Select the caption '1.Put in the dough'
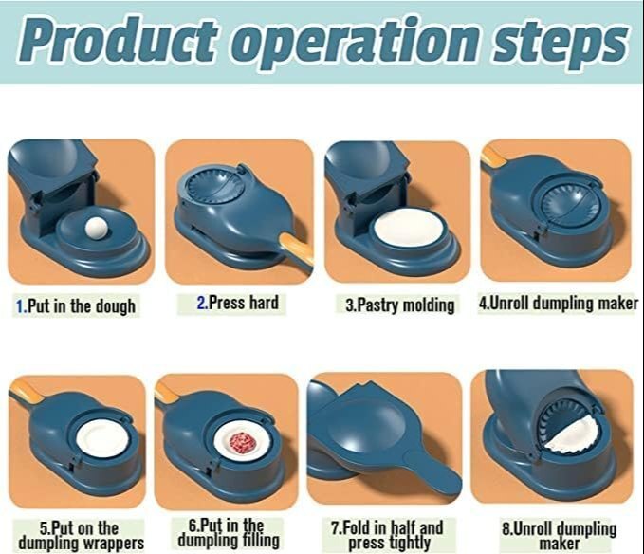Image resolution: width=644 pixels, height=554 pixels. [x=76, y=306]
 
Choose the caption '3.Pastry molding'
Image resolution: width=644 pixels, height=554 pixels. [x=397, y=305]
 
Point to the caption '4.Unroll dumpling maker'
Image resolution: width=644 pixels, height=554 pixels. [x=557, y=304]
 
